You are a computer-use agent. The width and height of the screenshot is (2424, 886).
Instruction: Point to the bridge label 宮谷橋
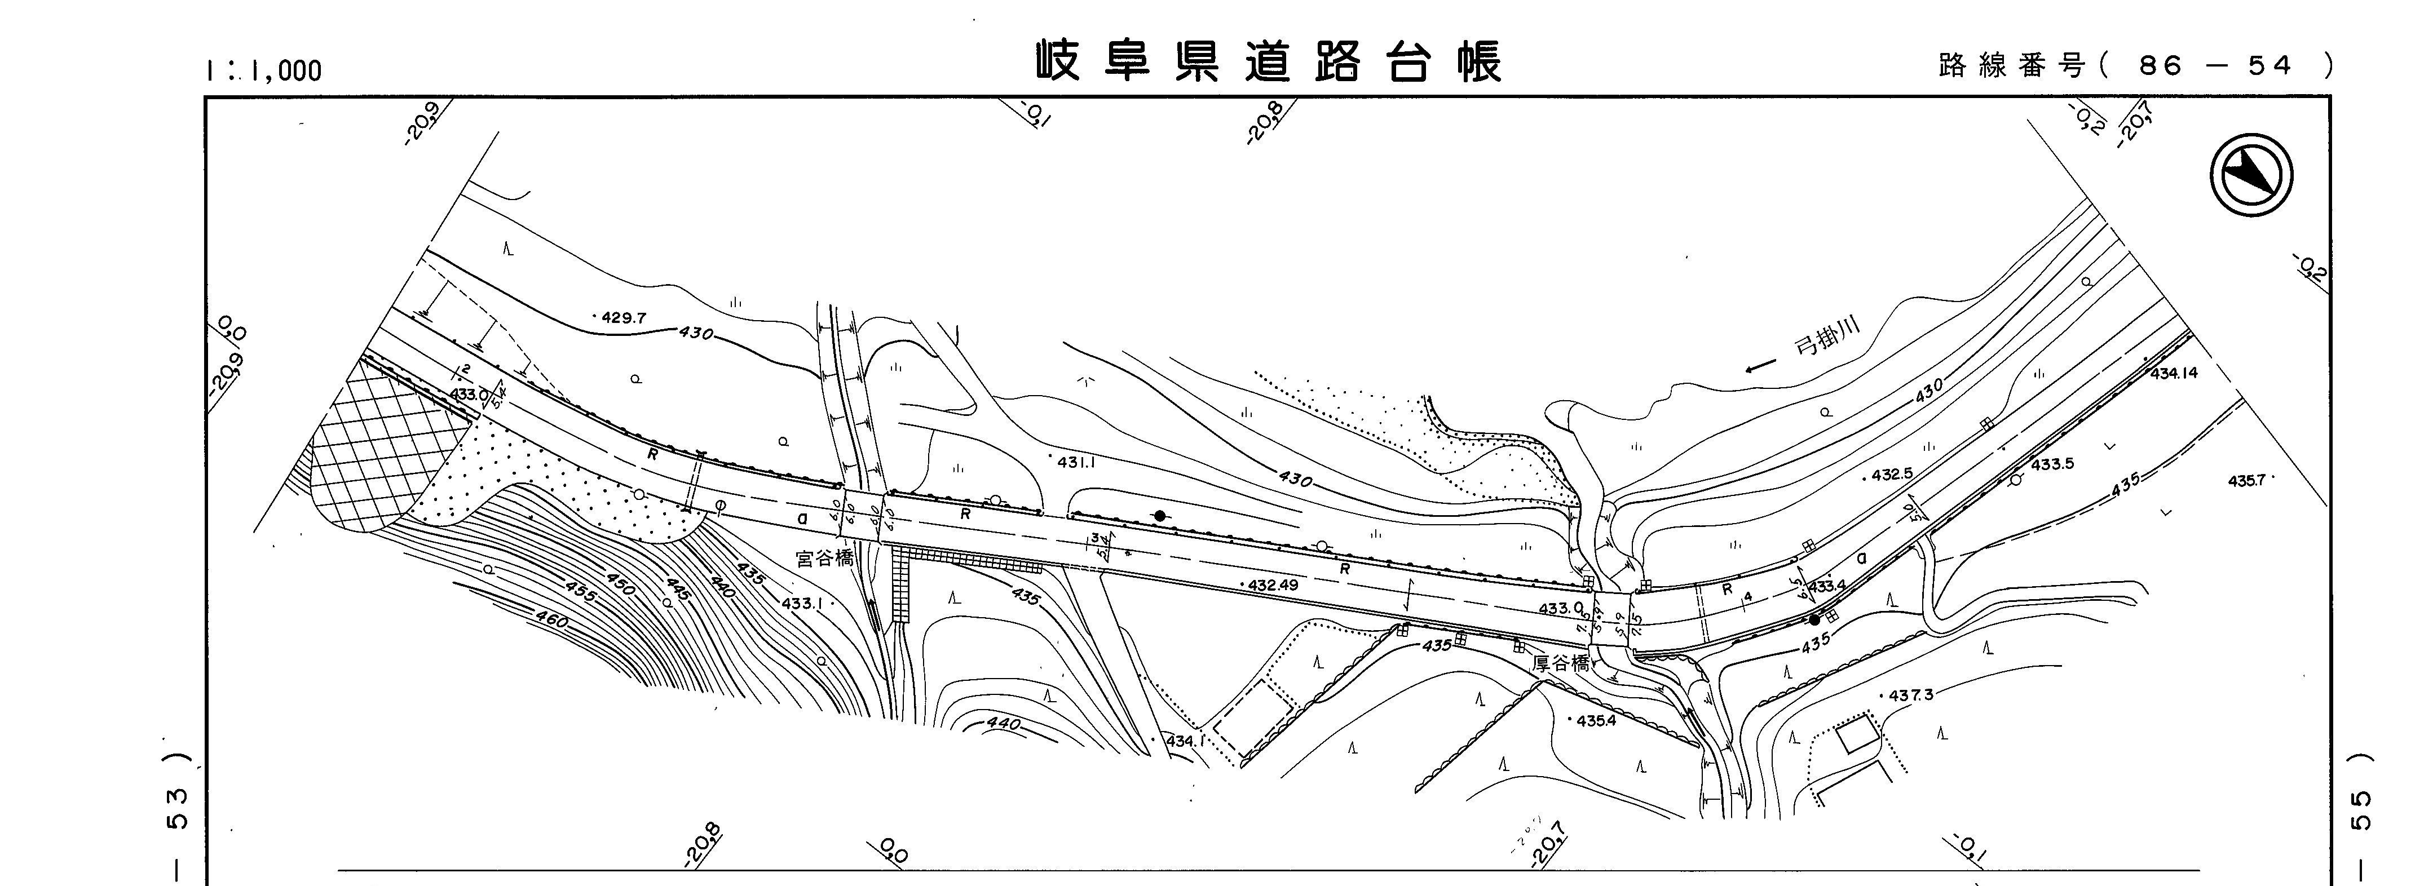point(824,559)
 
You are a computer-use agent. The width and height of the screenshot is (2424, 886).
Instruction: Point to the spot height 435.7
point(2246,481)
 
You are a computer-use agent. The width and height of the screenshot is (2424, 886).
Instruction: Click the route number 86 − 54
point(2216,66)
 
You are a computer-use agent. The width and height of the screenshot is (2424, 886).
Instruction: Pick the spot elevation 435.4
point(1595,721)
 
